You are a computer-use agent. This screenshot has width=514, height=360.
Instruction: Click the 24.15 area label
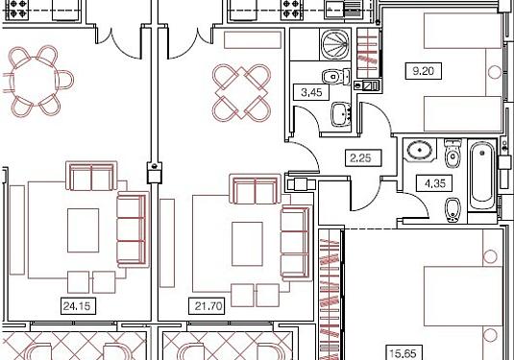coord(77,306)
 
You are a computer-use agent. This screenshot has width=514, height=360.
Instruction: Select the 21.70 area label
coord(208,306)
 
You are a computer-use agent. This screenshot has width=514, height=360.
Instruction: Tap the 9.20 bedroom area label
coord(423,71)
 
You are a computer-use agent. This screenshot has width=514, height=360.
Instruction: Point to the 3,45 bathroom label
coord(311,92)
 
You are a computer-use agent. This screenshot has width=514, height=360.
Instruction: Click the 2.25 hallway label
coord(360,158)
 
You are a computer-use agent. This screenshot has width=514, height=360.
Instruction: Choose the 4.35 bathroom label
coord(434,183)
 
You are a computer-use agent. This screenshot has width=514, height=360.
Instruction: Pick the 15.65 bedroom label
coord(403,353)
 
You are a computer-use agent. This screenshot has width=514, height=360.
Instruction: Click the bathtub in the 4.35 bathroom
coord(482,176)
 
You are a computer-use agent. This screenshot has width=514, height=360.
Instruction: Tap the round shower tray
coord(335,44)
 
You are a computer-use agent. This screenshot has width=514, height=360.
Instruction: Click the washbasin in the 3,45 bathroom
coord(341,114)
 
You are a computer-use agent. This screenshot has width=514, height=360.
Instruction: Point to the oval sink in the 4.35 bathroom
coord(420,151)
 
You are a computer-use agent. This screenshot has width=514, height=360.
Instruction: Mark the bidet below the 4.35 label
coord(453,210)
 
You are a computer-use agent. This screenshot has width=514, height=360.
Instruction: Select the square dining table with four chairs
coord(242,93)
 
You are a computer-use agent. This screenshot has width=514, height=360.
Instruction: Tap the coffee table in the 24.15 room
coord(84,230)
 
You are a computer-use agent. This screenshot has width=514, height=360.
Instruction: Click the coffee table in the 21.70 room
coord(247,244)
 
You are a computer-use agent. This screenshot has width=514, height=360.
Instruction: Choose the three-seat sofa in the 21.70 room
coord(296,243)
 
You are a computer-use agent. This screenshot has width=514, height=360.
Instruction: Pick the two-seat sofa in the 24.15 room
coord(91,176)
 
